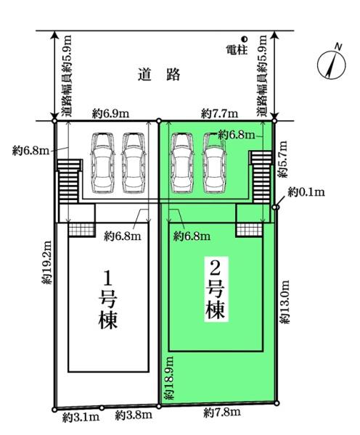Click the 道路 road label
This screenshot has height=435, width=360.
tap(159, 75)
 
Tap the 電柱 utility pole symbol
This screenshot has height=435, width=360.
tap(245, 39)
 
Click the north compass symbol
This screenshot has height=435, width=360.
tap(332, 63)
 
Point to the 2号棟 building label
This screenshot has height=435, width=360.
tap(216, 289)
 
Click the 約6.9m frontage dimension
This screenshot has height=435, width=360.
tap(111, 114)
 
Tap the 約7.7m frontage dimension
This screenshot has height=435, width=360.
tap(219, 114)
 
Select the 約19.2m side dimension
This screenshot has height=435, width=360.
tap(46, 262)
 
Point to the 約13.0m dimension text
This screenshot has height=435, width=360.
tap(285, 302)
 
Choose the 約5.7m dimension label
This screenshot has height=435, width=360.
tap(283, 159)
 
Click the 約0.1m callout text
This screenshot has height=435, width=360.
tap(306, 192)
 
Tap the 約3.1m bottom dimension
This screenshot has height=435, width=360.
tap(81, 418)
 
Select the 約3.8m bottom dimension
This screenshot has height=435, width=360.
tap(134, 415)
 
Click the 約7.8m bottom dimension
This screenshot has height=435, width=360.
tap(222, 413)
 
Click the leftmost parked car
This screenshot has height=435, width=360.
tap(103, 163)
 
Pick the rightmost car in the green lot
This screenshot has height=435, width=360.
tap(215, 163)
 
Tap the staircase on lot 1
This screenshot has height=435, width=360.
tap(69, 181)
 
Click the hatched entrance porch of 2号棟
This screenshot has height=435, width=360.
tap(249, 230)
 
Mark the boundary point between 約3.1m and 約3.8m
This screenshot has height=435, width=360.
tap(102, 407)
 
